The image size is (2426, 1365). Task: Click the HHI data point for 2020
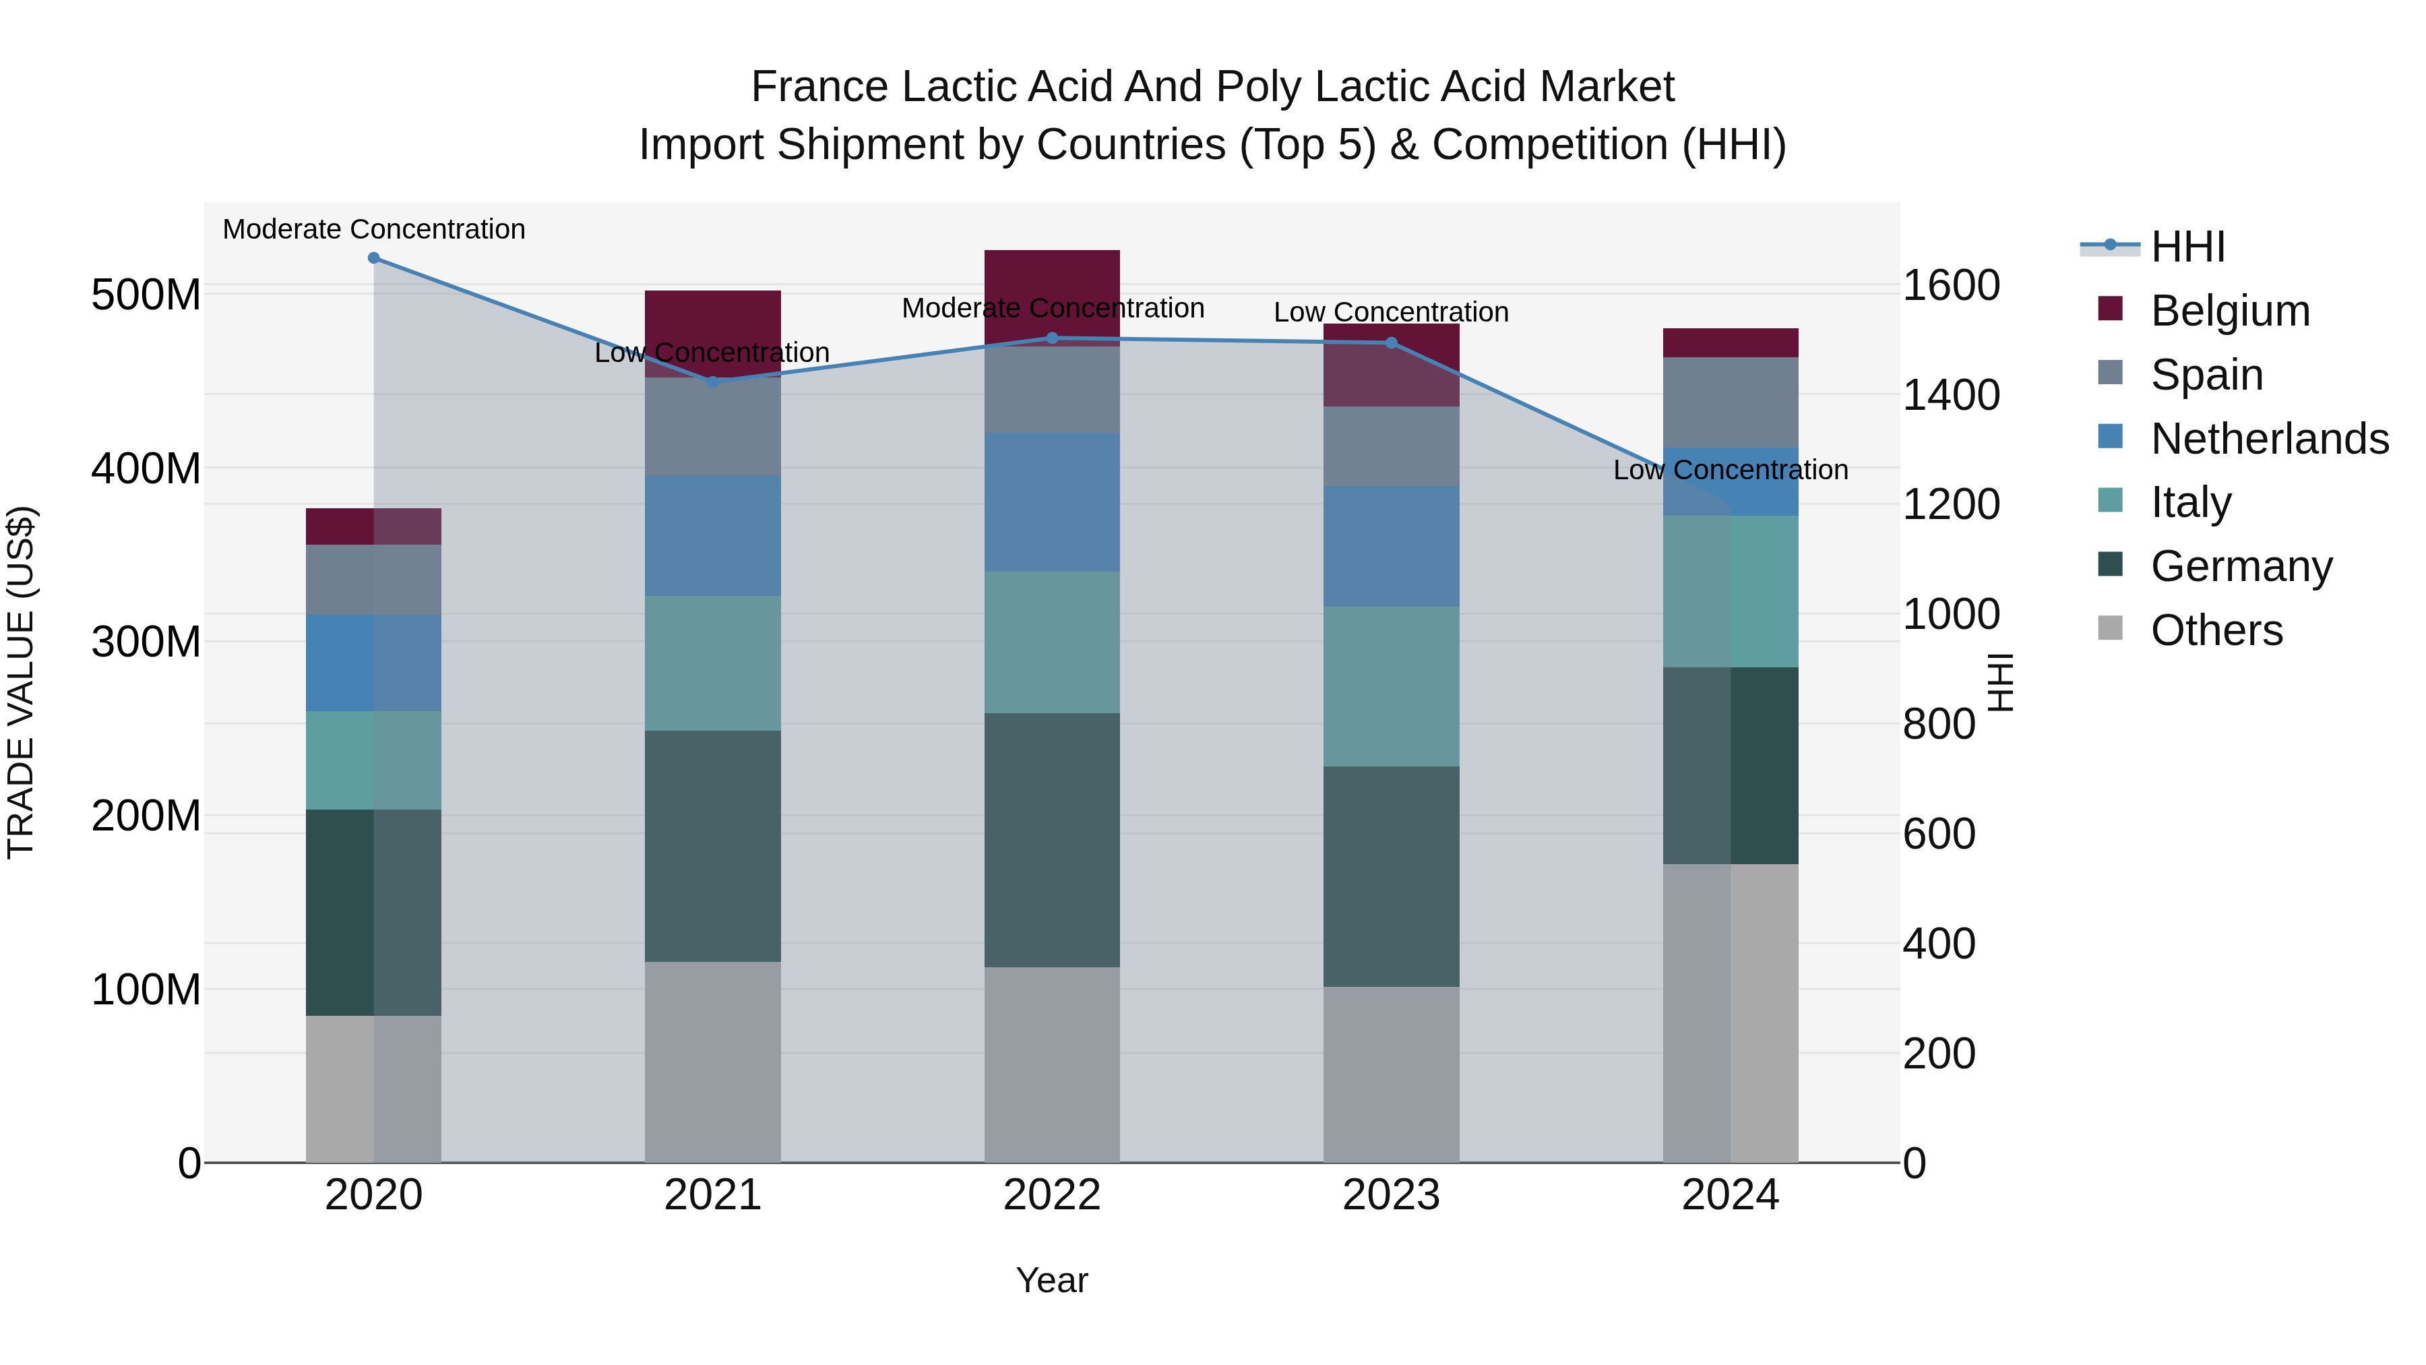click(374, 258)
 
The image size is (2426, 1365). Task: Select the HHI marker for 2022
click(1052, 338)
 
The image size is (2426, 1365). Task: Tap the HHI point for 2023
click(1391, 343)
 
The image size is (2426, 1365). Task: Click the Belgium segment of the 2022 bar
click(1052, 282)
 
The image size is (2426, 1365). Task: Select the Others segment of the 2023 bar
click(1391, 1074)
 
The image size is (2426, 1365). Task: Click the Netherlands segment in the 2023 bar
click(1391, 547)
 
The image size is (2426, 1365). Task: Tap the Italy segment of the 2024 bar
click(1731, 592)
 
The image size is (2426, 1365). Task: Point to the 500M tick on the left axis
click(146, 295)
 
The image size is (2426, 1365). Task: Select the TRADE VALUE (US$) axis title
click(22, 683)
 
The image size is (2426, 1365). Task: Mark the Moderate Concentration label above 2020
click(374, 230)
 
